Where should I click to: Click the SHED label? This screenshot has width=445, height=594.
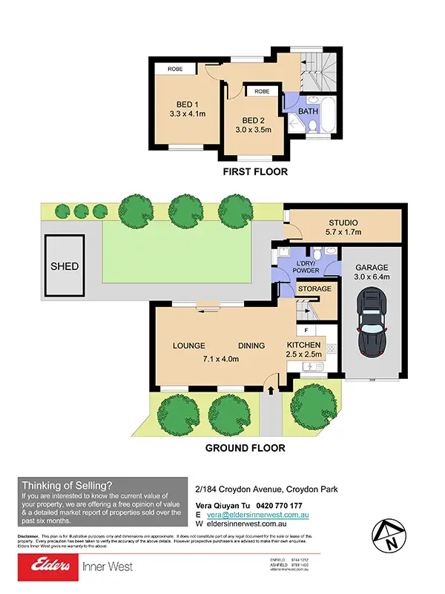65,266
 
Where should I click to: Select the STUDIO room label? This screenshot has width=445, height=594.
344,222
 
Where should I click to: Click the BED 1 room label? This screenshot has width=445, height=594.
187,104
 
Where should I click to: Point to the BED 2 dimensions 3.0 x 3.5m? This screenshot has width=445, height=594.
253,130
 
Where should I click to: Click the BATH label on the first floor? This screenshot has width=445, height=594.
308,112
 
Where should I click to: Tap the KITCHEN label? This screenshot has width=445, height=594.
304,345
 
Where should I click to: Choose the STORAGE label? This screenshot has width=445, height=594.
314,288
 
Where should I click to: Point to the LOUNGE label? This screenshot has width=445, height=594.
188,346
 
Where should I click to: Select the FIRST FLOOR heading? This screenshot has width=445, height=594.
255,172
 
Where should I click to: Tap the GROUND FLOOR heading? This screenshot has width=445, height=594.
244,448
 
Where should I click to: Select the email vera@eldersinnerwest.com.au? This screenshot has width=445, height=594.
257,514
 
